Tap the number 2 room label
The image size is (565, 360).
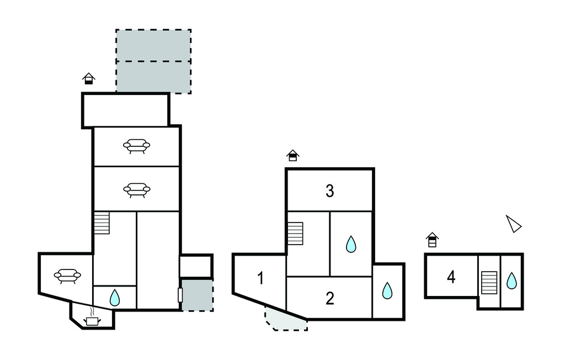pyautogui.click(x=330, y=299)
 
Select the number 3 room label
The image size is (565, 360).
pyautogui.click(x=330, y=192)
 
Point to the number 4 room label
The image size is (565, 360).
pyautogui.click(x=451, y=277)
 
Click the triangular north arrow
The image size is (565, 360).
pyautogui.click(x=513, y=224)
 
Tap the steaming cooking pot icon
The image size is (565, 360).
pyautogui.click(x=92, y=320)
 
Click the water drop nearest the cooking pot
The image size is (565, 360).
pyautogui.click(x=115, y=298)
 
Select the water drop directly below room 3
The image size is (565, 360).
pyautogui.click(x=351, y=244)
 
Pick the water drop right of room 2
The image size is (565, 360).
pyautogui.click(x=388, y=290)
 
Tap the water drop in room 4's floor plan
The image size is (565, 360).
pyautogui.click(x=512, y=281)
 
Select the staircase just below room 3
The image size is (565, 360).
pyautogui.click(x=295, y=233)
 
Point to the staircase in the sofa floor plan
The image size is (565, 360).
pyautogui.click(x=102, y=224)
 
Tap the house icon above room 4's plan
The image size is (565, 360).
pyautogui.click(x=433, y=240)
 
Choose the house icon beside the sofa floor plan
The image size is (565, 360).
pyautogui.click(x=89, y=78)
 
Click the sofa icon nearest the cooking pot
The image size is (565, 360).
pyautogui.click(x=67, y=275)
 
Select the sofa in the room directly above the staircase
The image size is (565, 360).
pyautogui.click(x=136, y=190)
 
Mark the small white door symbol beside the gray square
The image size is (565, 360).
pyautogui.click(x=180, y=295)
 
